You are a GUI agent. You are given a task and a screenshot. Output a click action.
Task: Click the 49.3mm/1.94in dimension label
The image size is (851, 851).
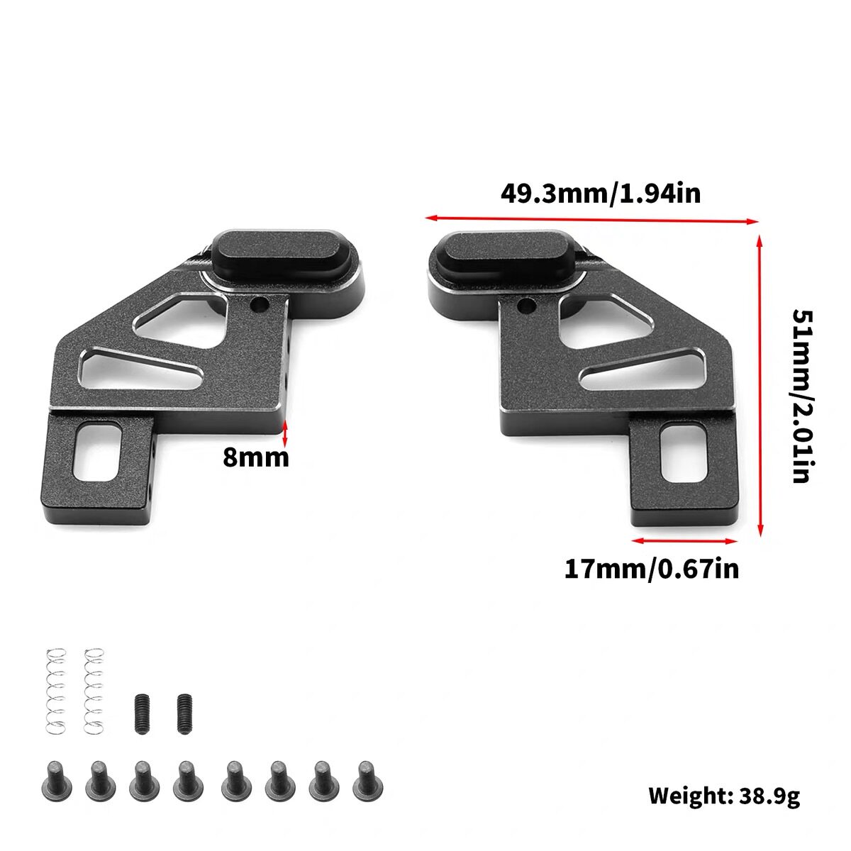(x=600, y=194)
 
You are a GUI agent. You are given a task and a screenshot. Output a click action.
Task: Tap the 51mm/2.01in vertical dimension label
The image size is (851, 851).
(x=802, y=396)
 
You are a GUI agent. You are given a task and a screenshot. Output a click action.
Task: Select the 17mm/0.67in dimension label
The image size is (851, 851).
(x=652, y=569)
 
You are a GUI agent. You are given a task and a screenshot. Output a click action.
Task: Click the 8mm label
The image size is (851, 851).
(x=256, y=457)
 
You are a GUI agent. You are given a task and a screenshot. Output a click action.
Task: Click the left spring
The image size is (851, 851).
(x=56, y=691)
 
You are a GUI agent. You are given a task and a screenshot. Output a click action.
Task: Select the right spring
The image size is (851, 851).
(x=94, y=691)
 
